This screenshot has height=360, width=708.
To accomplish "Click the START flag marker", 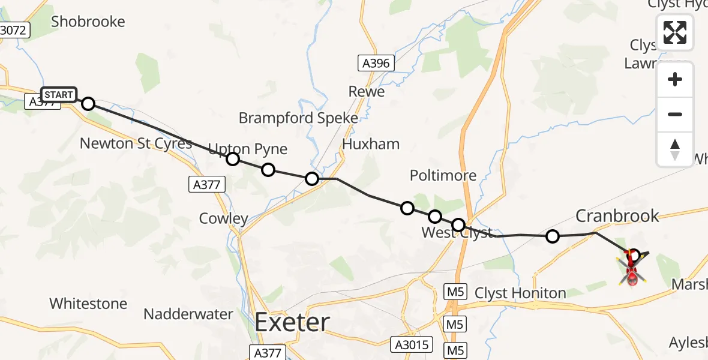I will click(x=59, y=95).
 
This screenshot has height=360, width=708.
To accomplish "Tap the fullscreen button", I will click(x=675, y=32).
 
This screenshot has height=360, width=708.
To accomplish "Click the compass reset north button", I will click(x=675, y=149).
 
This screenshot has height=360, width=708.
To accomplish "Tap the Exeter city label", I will click(x=292, y=323).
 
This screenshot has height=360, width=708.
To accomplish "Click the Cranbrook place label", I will click(x=617, y=215).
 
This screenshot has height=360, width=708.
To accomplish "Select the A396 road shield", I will click(x=376, y=62).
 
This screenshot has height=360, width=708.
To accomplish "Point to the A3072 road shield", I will click(x=13, y=29).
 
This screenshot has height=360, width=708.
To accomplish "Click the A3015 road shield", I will click(x=412, y=344).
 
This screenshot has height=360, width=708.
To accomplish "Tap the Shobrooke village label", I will click(x=88, y=22).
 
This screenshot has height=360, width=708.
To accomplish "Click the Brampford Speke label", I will click(x=298, y=118).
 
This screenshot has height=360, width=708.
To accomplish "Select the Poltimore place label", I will click(x=443, y=175).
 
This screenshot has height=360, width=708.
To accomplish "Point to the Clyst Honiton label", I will click(x=520, y=293).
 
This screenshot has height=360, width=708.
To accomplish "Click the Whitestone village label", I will click(x=88, y=304).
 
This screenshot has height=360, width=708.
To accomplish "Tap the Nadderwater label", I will click(x=188, y=314).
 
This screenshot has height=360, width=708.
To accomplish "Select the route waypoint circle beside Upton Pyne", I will click(x=233, y=159).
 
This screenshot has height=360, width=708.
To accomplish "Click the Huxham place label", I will click(x=371, y=144).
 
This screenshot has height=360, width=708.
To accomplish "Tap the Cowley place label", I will click(x=223, y=218).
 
